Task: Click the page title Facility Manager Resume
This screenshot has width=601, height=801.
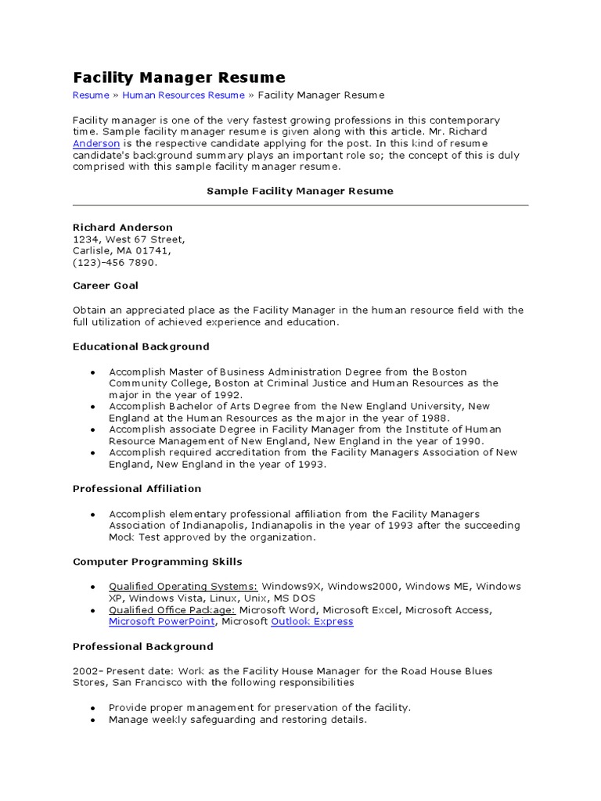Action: coord(179,77)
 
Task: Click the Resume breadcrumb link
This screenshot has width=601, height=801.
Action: coord(91,95)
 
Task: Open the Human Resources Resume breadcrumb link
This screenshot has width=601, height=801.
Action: coord(183,95)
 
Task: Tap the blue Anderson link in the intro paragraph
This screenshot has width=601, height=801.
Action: coord(96,144)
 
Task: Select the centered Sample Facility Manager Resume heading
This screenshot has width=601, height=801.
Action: coord(300,191)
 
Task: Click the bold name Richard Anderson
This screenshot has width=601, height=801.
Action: coord(123,228)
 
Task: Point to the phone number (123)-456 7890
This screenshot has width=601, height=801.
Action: coord(115,263)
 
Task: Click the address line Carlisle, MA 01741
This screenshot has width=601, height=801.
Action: coord(121,251)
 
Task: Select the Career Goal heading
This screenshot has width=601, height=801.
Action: coord(106,286)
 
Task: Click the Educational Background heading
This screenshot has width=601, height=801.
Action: coord(141,347)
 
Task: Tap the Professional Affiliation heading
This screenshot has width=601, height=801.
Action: coord(137,489)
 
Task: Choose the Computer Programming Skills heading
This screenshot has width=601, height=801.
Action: coord(157,562)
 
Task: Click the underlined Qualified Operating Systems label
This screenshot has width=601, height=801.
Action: coord(183,587)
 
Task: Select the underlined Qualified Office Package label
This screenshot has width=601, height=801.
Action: coord(172,610)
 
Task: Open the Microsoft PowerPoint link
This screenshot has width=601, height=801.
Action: coord(162,622)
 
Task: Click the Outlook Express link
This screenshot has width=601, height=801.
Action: coord(311,622)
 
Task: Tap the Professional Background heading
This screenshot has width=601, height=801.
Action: coord(142,647)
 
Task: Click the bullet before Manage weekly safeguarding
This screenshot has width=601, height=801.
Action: coord(92,720)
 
